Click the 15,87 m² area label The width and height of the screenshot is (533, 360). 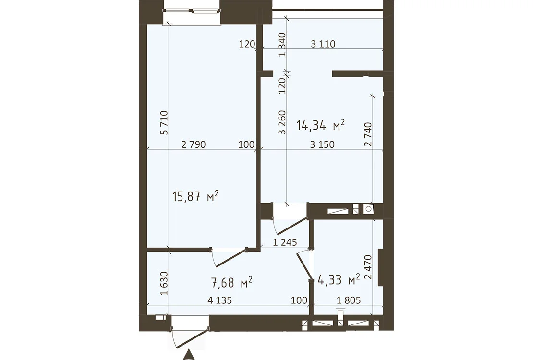(x=195, y=196)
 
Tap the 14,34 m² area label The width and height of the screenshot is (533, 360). (x=321, y=125)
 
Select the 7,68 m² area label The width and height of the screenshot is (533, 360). (x=231, y=282)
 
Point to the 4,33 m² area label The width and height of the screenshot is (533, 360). (x=339, y=280)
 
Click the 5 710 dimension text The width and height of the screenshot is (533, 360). (x=164, y=123)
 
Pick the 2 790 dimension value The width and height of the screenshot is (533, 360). (x=194, y=144)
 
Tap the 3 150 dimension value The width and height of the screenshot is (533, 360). (x=322, y=144)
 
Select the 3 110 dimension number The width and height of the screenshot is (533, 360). (x=323, y=44)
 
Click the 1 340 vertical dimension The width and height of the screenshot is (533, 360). (x=282, y=45)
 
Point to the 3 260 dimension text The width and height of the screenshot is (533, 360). (x=282, y=123)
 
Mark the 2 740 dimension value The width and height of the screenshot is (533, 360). (x=368, y=134)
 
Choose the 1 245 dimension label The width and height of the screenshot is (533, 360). (x=285, y=242)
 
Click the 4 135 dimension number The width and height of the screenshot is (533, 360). (x=219, y=300)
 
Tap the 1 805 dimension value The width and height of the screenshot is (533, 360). (x=349, y=300)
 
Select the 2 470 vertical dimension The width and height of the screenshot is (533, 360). (x=368, y=267)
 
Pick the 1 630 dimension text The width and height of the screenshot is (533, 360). (x=164, y=284)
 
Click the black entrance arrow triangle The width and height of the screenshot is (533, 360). (x=188, y=355)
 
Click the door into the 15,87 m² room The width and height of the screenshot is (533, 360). (x=229, y=258)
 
